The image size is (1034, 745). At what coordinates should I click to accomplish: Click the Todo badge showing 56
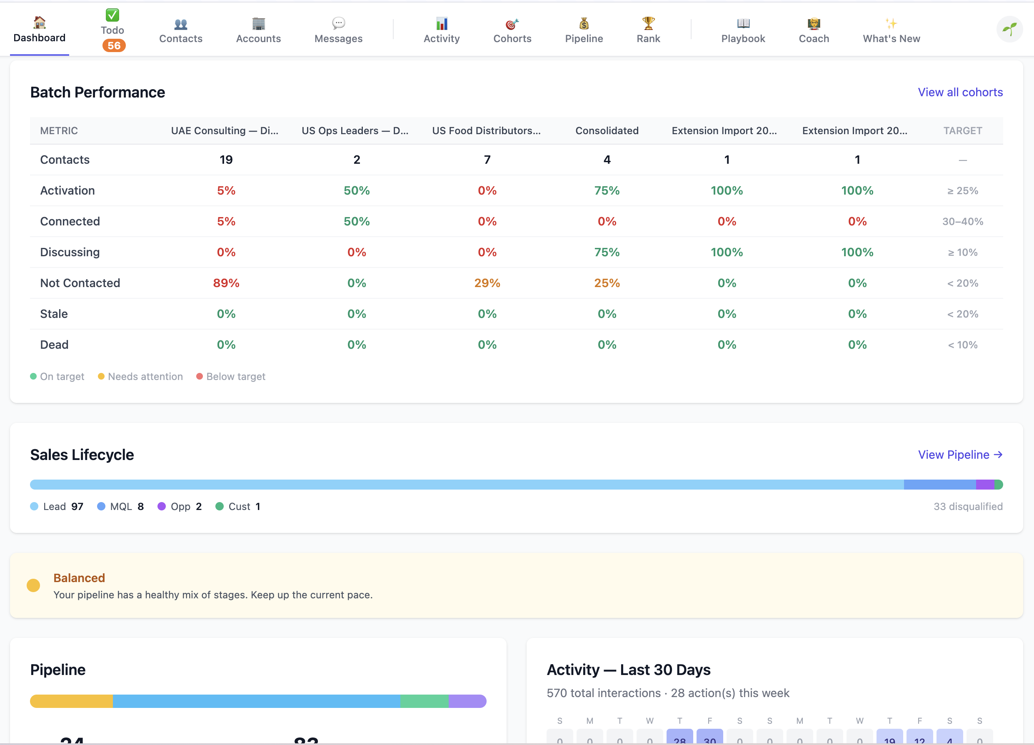pos(113,45)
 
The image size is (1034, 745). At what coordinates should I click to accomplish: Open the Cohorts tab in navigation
pos(512,30)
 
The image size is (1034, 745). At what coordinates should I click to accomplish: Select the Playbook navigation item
pos(743,30)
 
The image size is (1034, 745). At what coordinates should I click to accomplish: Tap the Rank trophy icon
pos(648,22)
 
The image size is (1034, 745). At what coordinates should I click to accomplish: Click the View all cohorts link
pos(960,92)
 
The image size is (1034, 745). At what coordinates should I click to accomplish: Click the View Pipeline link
pos(960,455)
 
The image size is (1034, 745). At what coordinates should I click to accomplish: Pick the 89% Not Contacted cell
pos(226,283)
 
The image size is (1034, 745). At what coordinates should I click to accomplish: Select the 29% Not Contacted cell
pos(487,283)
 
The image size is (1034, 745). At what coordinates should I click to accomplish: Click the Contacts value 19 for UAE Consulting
pos(226,160)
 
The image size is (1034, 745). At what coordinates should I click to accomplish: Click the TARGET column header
pos(962,131)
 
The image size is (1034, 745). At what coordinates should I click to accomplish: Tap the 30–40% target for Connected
pos(962,222)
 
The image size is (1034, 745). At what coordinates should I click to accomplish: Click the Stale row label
pos(54,314)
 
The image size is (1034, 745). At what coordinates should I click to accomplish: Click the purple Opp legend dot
pos(161,507)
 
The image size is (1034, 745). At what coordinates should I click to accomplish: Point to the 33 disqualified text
pos(967,507)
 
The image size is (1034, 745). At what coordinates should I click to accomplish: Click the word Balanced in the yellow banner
pos(79,578)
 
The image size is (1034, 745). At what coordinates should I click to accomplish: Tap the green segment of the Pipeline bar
pos(424,701)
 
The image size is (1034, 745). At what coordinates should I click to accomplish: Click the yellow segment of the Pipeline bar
pos(72,701)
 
